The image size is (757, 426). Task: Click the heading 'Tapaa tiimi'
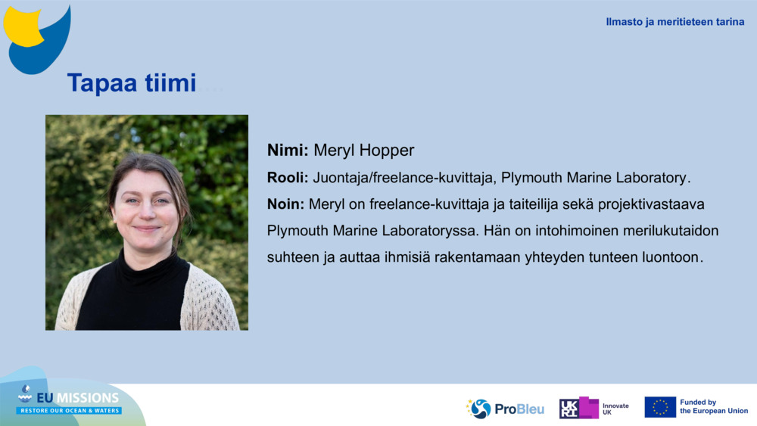click(132, 83)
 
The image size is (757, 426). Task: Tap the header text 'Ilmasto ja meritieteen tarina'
click(674, 22)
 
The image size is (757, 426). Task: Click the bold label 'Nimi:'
click(288, 151)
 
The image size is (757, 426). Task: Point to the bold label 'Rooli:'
click(288, 178)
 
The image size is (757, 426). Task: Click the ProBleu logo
click(506, 409)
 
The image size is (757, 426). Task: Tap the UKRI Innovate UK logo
click(594, 408)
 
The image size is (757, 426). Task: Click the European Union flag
click(660, 407)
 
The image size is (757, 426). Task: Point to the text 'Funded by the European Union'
click(714, 407)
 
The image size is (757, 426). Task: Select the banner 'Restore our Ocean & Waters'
click(69, 411)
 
